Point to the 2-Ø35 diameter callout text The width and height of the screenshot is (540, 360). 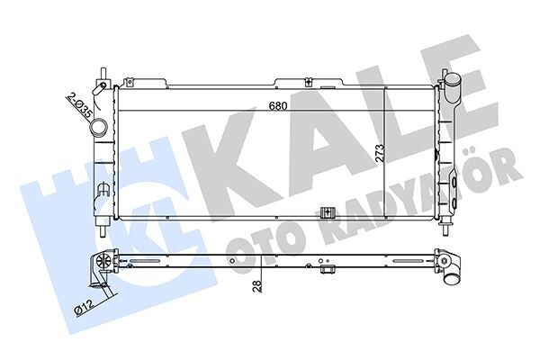(x=78, y=105)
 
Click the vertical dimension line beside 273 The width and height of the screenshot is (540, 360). (x=388, y=153)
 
